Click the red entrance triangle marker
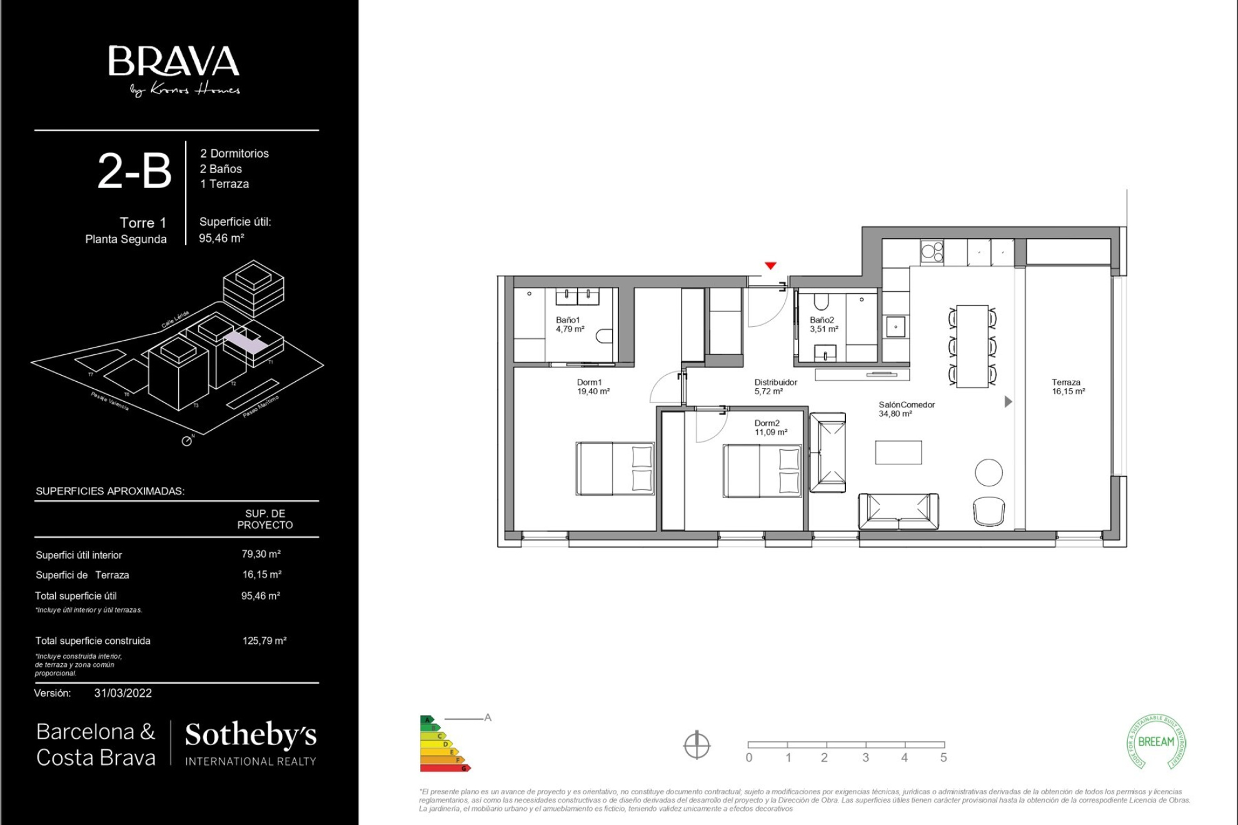[770, 266]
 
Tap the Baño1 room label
[569, 324]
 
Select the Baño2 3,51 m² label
[823, 324]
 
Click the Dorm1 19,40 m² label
[593, 387]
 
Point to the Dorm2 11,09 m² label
[770, 427]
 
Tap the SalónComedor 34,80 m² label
[906, 409]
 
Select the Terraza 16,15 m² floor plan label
[1068, 387]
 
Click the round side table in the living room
[989, 472]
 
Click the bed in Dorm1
[615, 469]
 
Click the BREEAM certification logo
[1156, 742]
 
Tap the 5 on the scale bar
[943, 757]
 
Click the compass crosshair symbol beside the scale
[697, 745]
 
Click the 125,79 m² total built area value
[264, 641]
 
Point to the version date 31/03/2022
[123, 693]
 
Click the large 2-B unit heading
[134, 171]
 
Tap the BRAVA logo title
[174, 61]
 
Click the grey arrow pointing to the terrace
[1007, 402]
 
